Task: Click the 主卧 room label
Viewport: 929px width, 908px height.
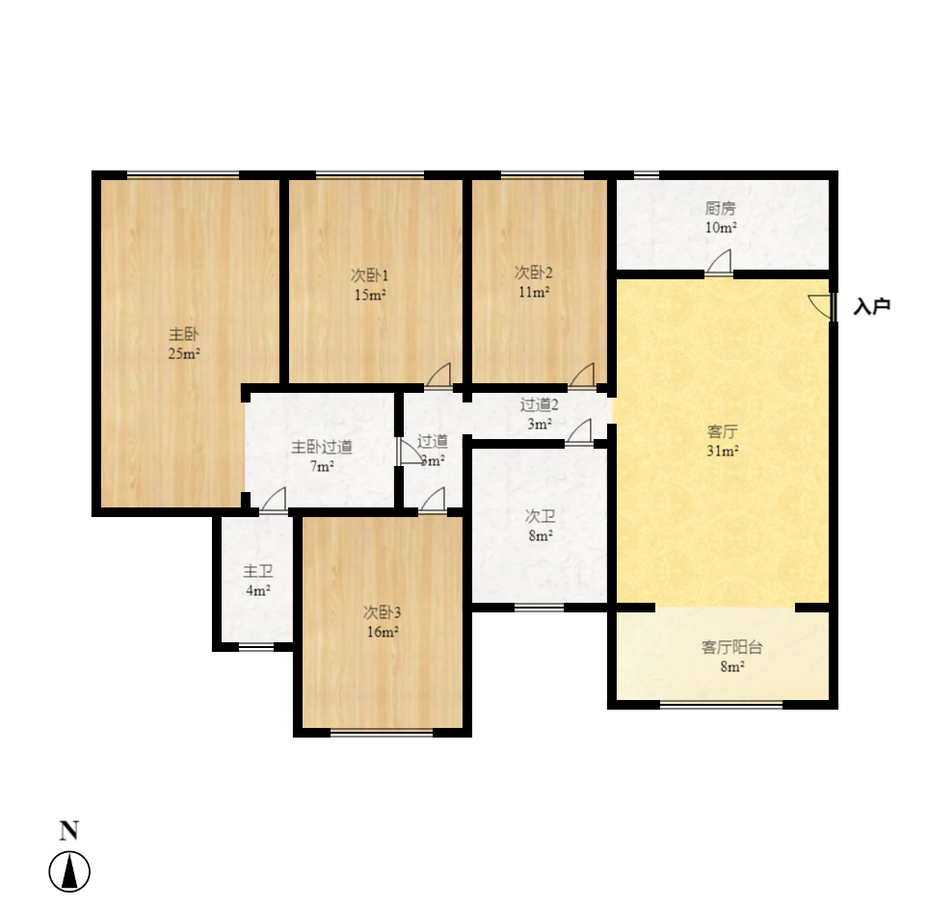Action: point(184,335)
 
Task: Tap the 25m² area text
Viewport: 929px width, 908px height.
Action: point(184,353)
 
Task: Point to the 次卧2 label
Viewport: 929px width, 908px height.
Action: point(533,272)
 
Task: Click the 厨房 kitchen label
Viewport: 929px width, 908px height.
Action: point(721,209)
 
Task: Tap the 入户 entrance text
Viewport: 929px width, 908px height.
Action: point(871,307)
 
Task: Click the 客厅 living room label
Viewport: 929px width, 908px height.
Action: point(722,431)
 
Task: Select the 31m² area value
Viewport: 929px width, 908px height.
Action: point(722,451)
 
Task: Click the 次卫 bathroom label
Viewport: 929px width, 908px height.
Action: point(540,517)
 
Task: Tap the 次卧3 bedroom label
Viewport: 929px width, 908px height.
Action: point(382,612)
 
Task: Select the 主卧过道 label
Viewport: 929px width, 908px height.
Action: point(322,447)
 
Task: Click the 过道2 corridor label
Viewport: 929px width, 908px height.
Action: point(539,405)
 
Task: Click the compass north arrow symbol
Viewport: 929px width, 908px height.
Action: point(69,872)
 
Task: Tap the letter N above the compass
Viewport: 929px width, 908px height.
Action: point(69,831)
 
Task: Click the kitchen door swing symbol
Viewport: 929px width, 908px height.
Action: point(719,262)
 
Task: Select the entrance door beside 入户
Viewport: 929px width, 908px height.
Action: point(822,306)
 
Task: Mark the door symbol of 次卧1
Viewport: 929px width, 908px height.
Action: point(438,375)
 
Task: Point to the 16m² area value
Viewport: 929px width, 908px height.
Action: point(382,632)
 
